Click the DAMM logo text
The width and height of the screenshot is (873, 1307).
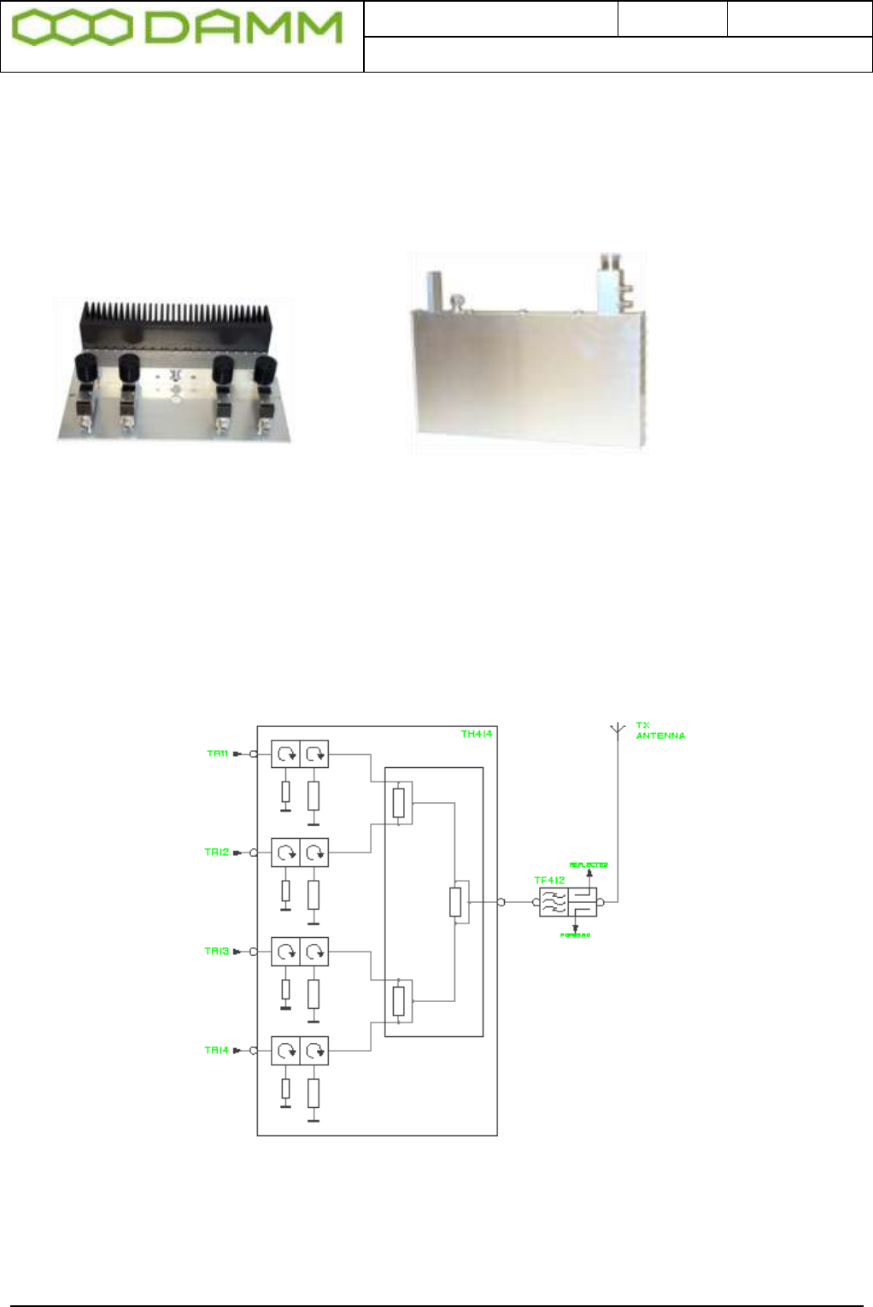coord(244,28)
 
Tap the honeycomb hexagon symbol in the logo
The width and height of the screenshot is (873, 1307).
coord(72,28)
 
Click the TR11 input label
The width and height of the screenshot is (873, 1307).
coord(218,753)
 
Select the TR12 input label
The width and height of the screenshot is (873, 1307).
coord(217,853)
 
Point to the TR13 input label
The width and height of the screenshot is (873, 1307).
coord(217,951)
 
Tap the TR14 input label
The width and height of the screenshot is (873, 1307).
coord(217,1050)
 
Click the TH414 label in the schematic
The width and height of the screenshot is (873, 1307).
coord(476,734)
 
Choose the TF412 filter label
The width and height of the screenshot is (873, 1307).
coord(549,880)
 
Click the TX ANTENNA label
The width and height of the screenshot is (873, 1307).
coord(659,730)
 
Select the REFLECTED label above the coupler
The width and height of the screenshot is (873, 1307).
coord(589,864)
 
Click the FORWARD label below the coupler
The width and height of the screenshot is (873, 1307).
coord(575,935)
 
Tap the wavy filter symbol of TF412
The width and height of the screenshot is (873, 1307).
coord(554,902)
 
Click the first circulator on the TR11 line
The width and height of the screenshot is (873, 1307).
coord(285,754)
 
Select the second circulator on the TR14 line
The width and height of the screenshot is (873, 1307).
coord(314,1051)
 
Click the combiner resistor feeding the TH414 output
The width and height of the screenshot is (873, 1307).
coord(455,901)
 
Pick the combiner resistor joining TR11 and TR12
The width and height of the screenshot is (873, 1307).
coord(398,803)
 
